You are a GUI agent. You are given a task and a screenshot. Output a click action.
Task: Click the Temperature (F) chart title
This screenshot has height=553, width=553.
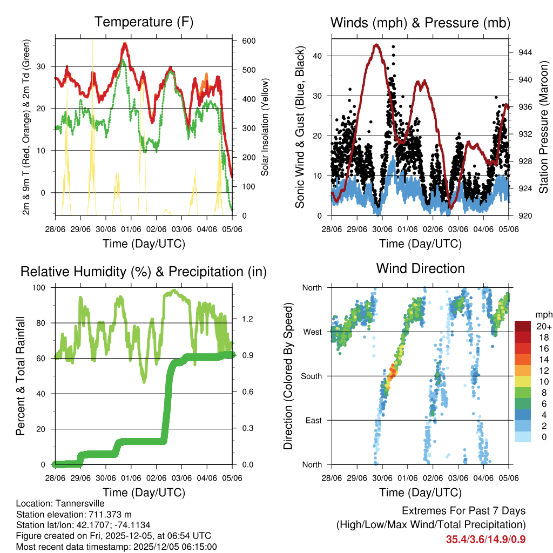144,22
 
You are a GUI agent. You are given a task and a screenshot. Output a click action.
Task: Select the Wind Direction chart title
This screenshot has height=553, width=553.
420,268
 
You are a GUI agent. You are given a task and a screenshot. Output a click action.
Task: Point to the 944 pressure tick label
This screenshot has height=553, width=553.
525,52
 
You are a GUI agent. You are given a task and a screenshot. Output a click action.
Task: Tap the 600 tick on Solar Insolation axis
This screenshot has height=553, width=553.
249,41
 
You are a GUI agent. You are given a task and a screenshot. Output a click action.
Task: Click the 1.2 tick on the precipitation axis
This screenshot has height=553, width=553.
246,319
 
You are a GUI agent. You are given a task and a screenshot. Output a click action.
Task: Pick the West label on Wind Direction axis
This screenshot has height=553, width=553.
312,332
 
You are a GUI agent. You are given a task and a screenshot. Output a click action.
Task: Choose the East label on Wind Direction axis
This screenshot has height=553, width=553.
313,420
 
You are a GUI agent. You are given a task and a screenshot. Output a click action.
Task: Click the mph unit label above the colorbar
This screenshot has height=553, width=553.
543,314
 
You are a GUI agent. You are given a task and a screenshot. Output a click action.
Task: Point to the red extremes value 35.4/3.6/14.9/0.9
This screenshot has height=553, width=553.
486,539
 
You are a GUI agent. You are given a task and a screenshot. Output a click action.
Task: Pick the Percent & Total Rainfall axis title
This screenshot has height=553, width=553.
21,376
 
